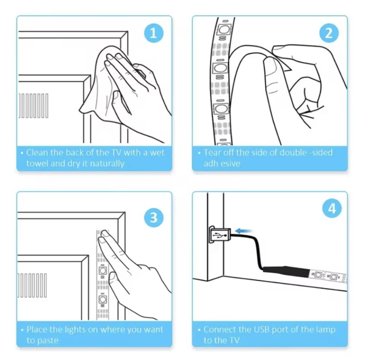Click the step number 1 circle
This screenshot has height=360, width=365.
(153, 33)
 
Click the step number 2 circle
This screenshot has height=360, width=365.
(329, 33)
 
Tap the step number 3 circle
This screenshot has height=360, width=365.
(154, 218)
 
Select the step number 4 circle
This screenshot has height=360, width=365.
(332, 208)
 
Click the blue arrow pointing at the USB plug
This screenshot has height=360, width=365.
(244, 231)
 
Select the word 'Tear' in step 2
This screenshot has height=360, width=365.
(212, 153)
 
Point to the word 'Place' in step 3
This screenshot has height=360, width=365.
(37, 329)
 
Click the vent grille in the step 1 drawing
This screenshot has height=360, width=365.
(33, 106)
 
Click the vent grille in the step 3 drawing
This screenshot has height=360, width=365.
(32, 285)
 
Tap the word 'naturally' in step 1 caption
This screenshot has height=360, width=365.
(107, 164)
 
